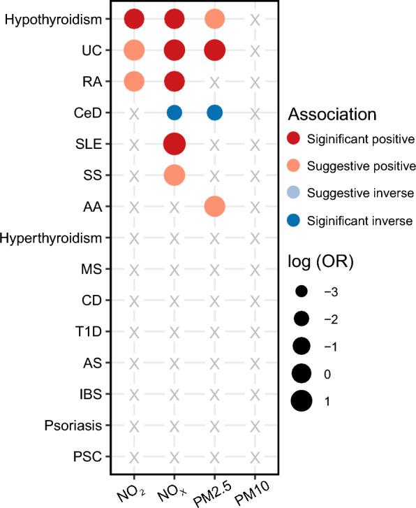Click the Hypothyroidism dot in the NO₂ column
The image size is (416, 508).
click(134, 20)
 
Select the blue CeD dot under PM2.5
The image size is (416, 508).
click(214, 113)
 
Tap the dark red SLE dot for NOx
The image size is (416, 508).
click(174, 144)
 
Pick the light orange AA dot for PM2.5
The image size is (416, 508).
click(214, 206)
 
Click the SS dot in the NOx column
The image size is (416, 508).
click(174, 175)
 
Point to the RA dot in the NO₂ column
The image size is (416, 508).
click(134, 82)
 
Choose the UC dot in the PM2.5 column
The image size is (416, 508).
click(214, 51)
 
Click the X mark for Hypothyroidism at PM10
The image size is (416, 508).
click(255, 20)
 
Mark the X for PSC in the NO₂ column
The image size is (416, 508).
click(134, 457)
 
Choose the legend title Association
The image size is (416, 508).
click(333, 114)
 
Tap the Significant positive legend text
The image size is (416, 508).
click(364, 139)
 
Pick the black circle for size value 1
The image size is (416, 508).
click(301, 402)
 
